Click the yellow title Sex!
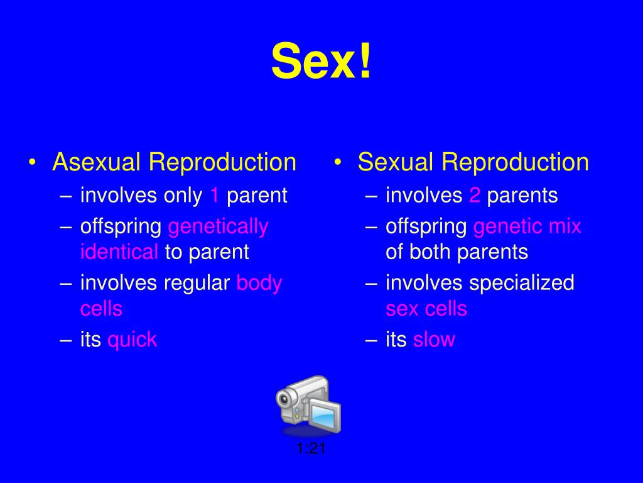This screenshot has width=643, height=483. point(321,61)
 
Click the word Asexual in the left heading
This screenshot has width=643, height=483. point(97,162)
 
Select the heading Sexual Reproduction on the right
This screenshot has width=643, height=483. point(473,162)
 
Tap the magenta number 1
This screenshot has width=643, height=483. point(215,195)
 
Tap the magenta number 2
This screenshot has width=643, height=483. point(475,195)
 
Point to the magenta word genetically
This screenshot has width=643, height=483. point(218,227)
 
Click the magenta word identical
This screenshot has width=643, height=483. point(119,252)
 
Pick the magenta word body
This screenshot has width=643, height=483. point(259,284)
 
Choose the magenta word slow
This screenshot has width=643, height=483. point(434,340)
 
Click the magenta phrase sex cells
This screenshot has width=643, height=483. point(426,309)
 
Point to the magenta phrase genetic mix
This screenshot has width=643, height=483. point(527,227)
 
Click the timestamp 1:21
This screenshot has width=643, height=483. point(311,448)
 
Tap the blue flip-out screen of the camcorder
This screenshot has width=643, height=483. point(324,415)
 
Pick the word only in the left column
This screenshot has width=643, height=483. point(183,196)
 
